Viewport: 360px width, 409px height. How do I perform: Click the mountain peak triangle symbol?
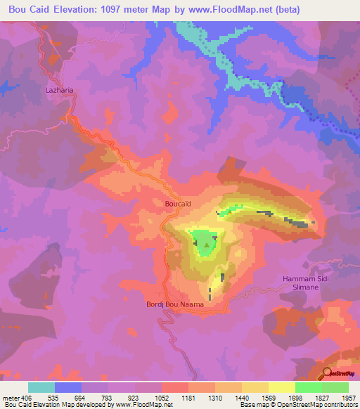(x=205, y=243)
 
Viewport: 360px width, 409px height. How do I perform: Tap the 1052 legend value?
(x=162, y=397)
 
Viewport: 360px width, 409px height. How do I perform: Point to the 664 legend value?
(x=82, y=397)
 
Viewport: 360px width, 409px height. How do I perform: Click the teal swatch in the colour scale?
(x=41, y=387)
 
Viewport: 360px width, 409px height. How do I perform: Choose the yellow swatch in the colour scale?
(x=282, y=387)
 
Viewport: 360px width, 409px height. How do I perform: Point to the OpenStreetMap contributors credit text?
(x=307, y=405)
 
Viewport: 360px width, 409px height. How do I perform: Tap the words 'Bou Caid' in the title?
(x=29, y=10)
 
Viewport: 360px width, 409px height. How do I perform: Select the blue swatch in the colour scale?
(x=68, y=387)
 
